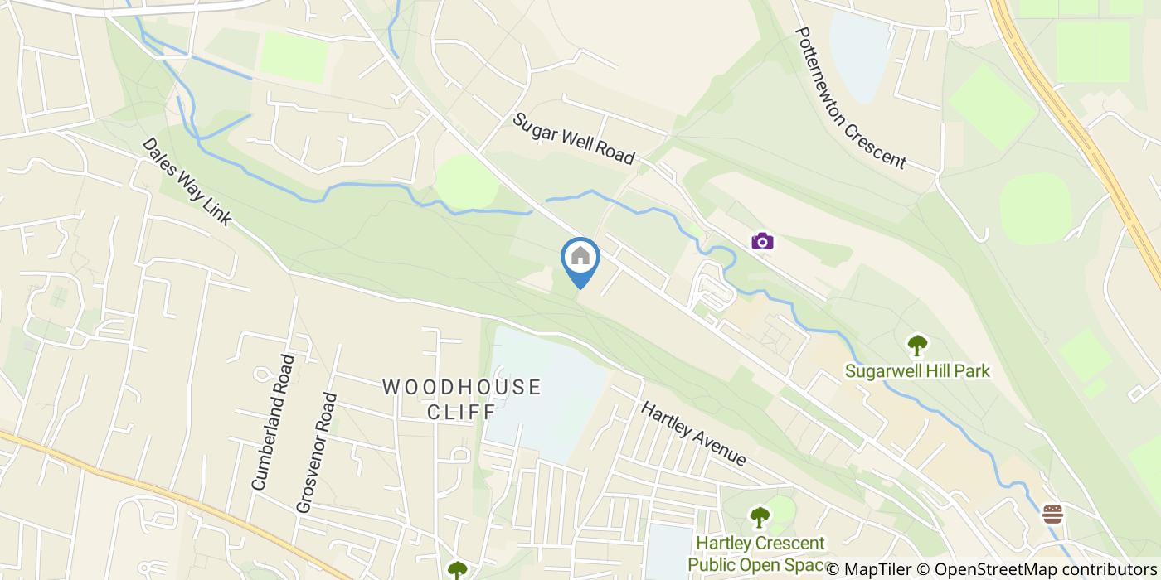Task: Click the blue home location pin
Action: point(580,258)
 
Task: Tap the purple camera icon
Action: point(762,241)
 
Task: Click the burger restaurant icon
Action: point(1052,515)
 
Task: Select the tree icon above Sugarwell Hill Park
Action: point(917,344)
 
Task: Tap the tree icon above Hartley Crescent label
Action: point(760,517)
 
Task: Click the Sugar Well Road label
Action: point(574,138)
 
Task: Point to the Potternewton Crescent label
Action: point(850,98)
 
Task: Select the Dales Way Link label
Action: point(186,181)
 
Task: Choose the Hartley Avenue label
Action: point(692,433)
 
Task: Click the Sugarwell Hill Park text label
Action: point(917,370)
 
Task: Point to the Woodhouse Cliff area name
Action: point(461,399)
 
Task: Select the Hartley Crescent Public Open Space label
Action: point(760,554)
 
